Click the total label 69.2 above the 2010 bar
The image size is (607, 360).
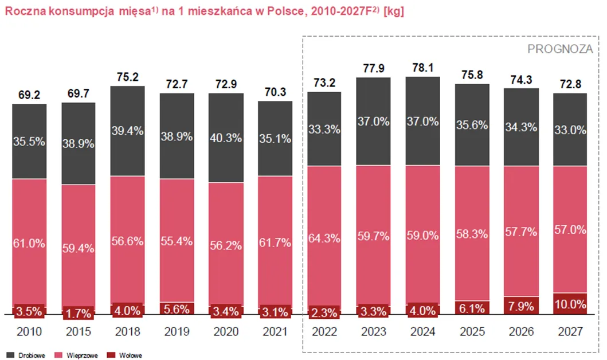pyautogui.click(x=29, y=93)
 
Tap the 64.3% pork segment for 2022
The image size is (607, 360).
pyautogui.click(x=324, y=237)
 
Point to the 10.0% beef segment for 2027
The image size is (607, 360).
pyautogui.click(x=570, y=304)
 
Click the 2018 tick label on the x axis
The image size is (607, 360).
pyautogui.click(x=127, y=332)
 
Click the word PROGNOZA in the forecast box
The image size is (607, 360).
pyautogui.click(x=560, y=49)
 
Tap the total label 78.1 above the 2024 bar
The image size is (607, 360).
pyautogui.click(x=422, y=66)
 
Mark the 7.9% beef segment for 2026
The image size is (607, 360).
pyautogui.click(x=521, y=306)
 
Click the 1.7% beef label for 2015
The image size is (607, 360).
pyautogui.click(x=78, y=312)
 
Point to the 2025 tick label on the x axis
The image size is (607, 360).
pyautogui.click(x=472, y=332)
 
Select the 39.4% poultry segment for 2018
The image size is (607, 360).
pyautogui.click(x=127, y=131)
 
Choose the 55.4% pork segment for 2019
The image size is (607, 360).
pyautogui.click(x=177, y=241)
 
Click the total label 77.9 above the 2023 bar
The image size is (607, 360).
pyautogui.click(x=373, y=67)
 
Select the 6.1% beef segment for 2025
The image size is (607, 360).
pyautogui.click(x=472, y=308)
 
